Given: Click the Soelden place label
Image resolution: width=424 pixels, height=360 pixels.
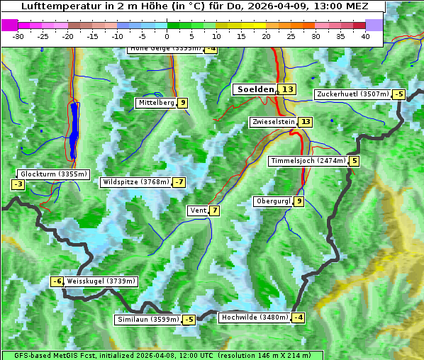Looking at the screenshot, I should (255, 89).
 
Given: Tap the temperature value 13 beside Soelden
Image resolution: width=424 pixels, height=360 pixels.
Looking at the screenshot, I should (287, 89).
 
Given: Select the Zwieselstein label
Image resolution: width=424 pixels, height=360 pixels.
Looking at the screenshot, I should (273, 122).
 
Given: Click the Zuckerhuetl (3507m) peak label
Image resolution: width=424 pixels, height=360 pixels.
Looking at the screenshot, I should (353, 94).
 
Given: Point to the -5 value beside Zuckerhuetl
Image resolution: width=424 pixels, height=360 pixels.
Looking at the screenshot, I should (399, 94).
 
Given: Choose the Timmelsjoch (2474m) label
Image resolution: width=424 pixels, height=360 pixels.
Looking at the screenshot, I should (308, 161).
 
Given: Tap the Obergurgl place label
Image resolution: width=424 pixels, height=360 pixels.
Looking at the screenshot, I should (273, 201).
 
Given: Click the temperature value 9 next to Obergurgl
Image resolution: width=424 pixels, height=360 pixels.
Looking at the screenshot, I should (299, 201).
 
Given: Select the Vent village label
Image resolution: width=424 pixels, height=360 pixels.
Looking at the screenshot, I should (198, 210).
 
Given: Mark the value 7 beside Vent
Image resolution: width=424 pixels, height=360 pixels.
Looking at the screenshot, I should (214, 210).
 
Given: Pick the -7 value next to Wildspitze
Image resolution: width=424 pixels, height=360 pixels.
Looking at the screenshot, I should (179, 182).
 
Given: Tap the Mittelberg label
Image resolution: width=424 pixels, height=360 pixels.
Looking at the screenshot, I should (156, 103).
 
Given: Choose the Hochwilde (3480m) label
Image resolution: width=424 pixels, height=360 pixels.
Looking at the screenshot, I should (255, 317).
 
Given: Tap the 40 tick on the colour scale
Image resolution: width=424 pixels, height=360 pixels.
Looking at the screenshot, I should (365, 36).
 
